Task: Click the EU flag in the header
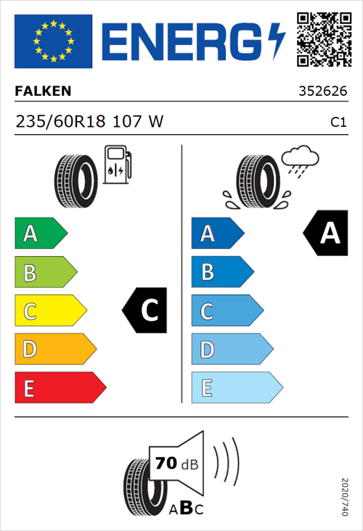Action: click(53, 41)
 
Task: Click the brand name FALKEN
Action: click(43, 91)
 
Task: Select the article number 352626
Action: click(322, 92)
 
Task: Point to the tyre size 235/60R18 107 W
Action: click(89, 122)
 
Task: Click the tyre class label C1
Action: click(337, 123)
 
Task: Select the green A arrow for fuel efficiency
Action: click(40, 234)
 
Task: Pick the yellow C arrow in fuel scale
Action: click(49, 311)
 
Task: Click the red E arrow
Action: click(60, 388)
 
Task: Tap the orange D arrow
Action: click(54, 350)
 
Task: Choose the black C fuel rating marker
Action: click(146, 310)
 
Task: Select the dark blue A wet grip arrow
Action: click(216, 234)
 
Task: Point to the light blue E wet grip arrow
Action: click(235, 388)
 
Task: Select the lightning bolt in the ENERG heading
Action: click(277, 41)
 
